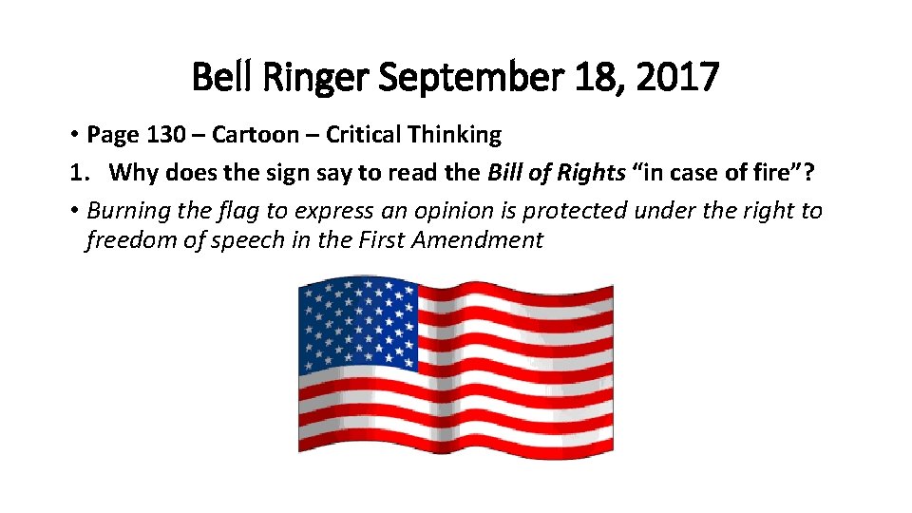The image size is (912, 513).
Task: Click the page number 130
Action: click(165, 135)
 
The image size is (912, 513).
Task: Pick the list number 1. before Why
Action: click(76, 173)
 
